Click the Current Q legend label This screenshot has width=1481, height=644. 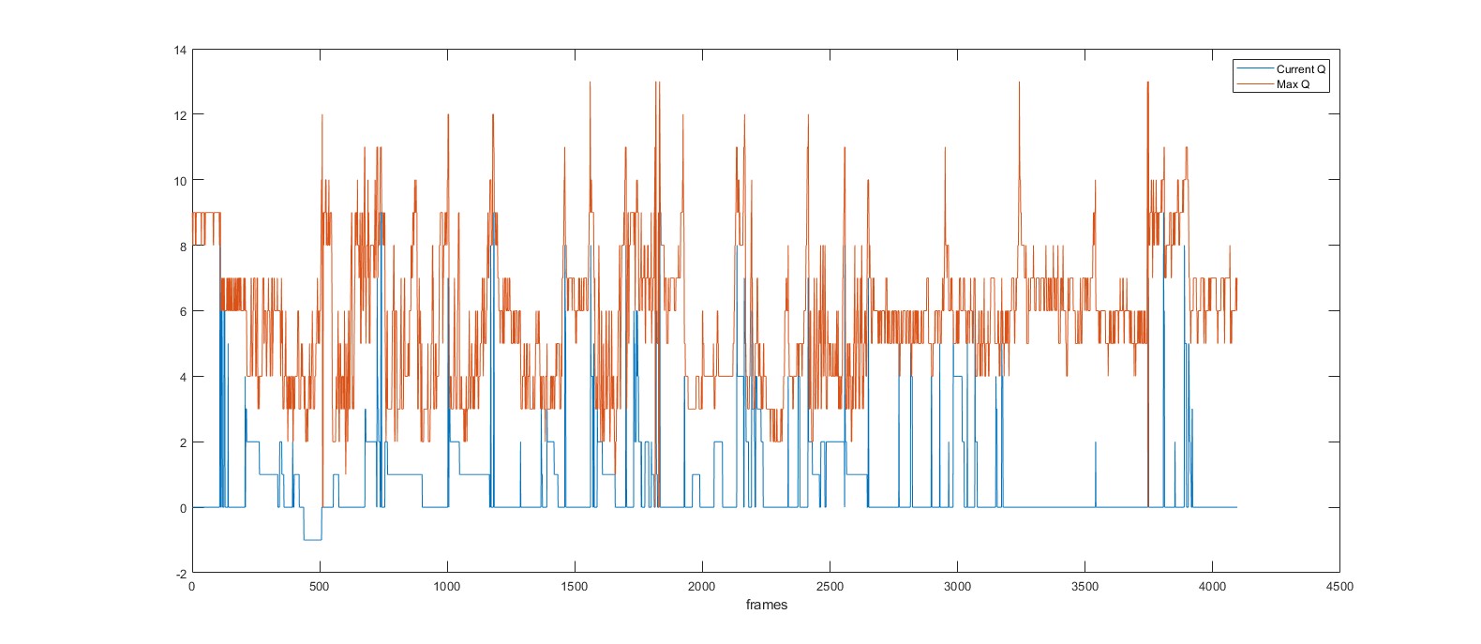click(1301, 69)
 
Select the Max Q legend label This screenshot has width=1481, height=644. click(1293, 84)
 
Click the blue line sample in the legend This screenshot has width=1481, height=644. click(1254, 69)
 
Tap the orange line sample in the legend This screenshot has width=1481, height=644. click(1254, 84)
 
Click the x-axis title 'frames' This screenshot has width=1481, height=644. click(767, 605)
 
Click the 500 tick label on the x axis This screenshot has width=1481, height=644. click(320, 587)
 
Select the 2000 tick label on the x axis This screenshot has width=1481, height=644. click(702, 587)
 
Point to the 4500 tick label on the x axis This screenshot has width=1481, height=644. click(1339, 587)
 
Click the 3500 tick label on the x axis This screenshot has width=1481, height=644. click(1085, 587)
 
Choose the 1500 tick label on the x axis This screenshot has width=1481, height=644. click(575, 587)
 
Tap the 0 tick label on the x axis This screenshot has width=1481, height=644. click(192, 587)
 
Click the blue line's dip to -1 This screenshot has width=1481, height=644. click(312, 540)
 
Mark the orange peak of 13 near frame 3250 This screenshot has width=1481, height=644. click(1019, 82)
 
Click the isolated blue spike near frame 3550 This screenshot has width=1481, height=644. click(1096, 442)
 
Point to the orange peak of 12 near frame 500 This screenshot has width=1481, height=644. click(322, 115)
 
